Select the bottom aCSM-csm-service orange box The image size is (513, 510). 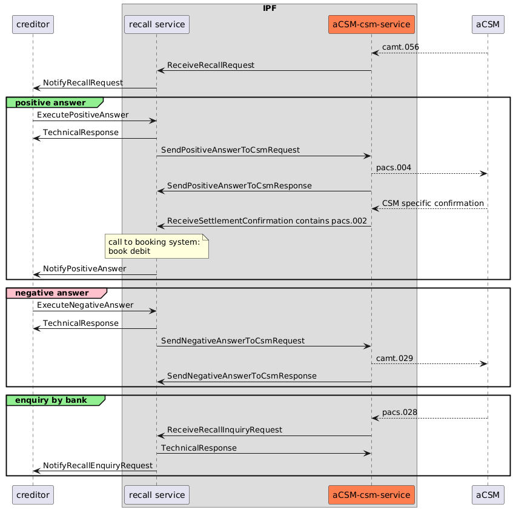[371, 495]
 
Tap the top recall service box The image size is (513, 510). [156, 24]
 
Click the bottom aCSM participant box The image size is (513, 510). [488, 495]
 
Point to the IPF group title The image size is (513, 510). [269, 8]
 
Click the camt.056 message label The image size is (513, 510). [400, 47]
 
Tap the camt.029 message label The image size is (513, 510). [395, 358]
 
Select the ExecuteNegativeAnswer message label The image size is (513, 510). [85, 305]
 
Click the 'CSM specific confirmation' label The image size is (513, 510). [433, 203]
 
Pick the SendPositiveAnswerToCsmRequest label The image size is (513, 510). [230, 150]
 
